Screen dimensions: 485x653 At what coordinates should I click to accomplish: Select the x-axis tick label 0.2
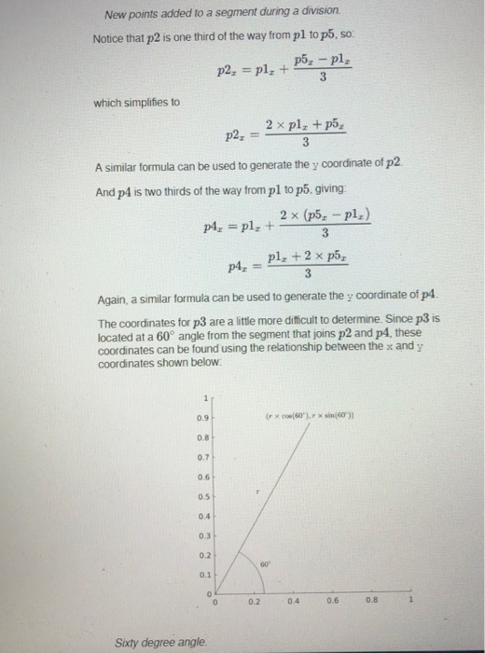click(254, 603)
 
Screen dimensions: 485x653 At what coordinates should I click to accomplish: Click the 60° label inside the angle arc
click(264, 563)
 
